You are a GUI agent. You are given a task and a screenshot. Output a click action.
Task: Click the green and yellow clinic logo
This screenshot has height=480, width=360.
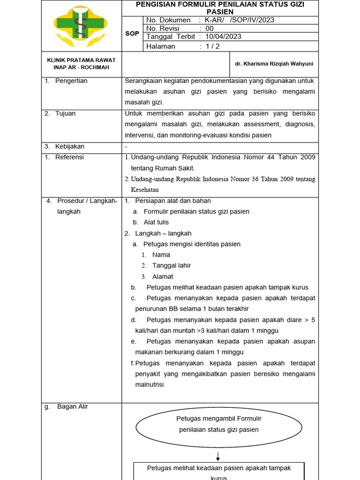(x=81, y=26)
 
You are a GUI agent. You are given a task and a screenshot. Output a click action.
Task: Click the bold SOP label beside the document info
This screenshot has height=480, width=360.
(x=132, y=33)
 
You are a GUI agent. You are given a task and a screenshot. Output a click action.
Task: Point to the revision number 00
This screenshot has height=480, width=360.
(x=210, y=28)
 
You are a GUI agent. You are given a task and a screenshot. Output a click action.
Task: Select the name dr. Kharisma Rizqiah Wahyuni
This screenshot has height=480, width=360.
(x=274, y=64)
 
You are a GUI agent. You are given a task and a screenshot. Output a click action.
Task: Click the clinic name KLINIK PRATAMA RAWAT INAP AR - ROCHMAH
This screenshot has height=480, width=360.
(x=81, y=63)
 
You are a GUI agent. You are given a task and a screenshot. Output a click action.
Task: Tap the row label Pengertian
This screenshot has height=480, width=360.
(x=71, y=81)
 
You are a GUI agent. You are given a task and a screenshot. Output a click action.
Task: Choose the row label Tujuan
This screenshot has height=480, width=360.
(x=65, y=113)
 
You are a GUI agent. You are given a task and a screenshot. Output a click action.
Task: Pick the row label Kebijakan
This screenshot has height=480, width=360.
(x=70, y=146)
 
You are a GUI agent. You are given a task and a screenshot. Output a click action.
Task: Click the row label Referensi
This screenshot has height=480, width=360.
(x=69, y=157)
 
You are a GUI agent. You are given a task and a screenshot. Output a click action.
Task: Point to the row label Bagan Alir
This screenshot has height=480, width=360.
(x=72, y=406)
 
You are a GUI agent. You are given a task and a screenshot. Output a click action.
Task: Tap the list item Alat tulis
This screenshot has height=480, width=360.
(x=156, y=222)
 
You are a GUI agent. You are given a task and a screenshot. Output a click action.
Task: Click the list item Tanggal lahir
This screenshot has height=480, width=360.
(x=171, y=265)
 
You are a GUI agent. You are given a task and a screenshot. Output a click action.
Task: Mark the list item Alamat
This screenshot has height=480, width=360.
(x=163, y=277)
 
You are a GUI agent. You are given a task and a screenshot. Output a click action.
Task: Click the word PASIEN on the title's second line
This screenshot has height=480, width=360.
(x=220, y=11)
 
